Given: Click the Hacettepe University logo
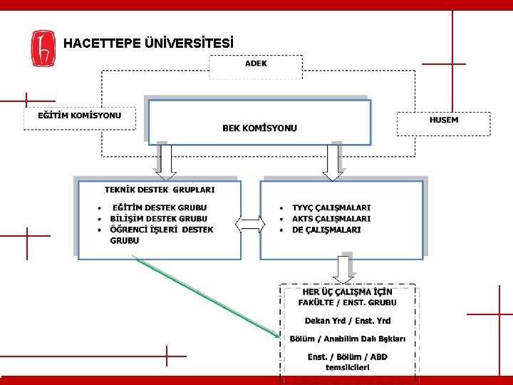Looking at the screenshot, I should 43,48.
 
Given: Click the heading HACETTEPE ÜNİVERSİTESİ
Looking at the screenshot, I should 148,43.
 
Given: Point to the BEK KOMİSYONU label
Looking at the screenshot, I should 259,128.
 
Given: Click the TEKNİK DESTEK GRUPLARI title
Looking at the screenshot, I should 160,190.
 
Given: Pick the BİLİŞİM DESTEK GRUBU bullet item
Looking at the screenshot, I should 158,219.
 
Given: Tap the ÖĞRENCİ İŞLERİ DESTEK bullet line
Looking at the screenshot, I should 161,230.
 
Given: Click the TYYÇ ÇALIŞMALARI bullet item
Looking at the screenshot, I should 331,207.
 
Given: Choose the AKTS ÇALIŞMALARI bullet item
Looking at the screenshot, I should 331,219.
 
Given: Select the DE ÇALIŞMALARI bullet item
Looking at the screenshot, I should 326,230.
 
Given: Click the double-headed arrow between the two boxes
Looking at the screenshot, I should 251,226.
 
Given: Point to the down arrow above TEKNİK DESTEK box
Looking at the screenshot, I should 165,163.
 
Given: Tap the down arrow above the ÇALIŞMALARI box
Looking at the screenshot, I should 333,163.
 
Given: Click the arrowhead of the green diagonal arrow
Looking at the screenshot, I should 278,334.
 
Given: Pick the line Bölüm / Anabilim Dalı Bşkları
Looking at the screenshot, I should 348,338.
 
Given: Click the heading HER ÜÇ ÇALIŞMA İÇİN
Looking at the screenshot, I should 348,292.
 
